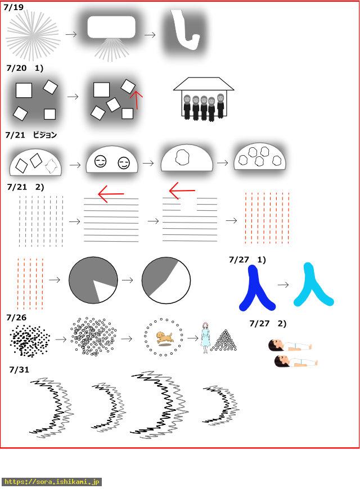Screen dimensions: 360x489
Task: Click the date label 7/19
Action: coord(13,7)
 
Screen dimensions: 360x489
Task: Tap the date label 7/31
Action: coord(19,369)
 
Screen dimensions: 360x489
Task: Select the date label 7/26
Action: coord(16,318)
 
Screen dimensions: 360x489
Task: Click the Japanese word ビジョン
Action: coord(45,135)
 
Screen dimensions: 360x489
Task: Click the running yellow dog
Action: coord(164,338)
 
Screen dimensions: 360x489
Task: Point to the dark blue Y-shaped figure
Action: coord(256,290)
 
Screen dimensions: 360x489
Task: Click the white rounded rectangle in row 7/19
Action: coord(111,27)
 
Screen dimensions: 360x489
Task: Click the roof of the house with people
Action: coord(204,84)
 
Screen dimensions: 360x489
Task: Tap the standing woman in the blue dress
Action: coord(205,338)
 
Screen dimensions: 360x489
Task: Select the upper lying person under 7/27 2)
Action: coord(290,345)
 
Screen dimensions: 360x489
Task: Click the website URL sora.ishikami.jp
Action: coord(51,482)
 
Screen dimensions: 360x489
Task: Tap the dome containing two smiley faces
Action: coord(112,161)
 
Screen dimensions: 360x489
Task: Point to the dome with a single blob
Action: coord(187,159)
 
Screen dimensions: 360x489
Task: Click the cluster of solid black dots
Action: coord(30,341)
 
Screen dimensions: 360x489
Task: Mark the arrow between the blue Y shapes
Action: coord(283,285)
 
